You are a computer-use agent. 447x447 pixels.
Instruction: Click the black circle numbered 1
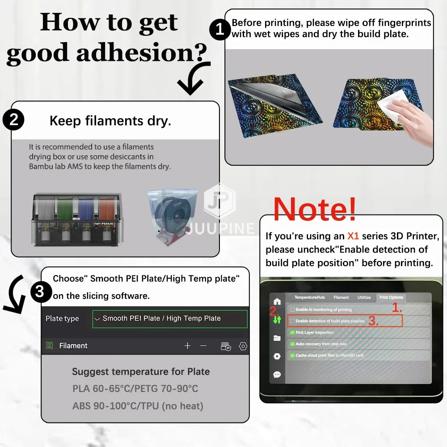pyautogui.click(x=220, y=29)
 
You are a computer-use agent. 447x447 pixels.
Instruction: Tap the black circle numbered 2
pyautogui.click(x=13, y=120)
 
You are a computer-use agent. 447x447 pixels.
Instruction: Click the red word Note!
pyautogui.click(x=315, y=209)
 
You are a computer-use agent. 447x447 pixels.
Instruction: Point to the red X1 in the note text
pyautogui.click(x=353, y=236)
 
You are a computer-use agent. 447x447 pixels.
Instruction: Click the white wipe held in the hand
pyautogui.click(x=391, y=105)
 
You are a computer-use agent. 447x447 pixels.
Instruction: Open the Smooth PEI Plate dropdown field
pyautogui.click(x=170, y=319)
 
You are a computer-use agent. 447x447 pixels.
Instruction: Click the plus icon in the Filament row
pyautogui.click(x=187, y=346)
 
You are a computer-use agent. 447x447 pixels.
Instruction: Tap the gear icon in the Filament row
pyautogui.click(x=243, y=346)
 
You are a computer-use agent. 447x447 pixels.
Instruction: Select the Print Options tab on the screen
pyautogui.click(x=391, y=297)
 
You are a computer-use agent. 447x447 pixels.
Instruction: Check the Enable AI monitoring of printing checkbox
pyautogui.click(x=292, y=310)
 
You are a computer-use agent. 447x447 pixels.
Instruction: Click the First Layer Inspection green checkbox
pyautogui.click(x=292, y=333)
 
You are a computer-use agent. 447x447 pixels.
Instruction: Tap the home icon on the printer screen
pyautogui.click(x=277, y=301)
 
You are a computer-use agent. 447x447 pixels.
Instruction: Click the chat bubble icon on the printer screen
pyautogui.click(x=277, y=374)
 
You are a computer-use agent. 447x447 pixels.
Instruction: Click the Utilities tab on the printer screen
pyautogui.click(x=364, y=297)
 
